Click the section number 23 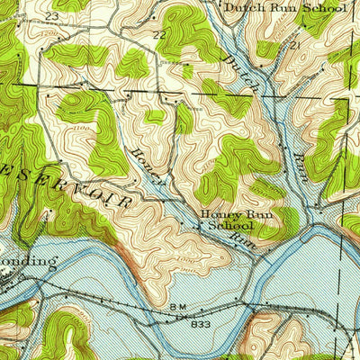coord(51,16)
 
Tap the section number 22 coord(159,34)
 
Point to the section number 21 coord(292,44)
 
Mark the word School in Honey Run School coord(230,226)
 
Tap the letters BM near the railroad coord(175,307)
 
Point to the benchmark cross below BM coord(178,316)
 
